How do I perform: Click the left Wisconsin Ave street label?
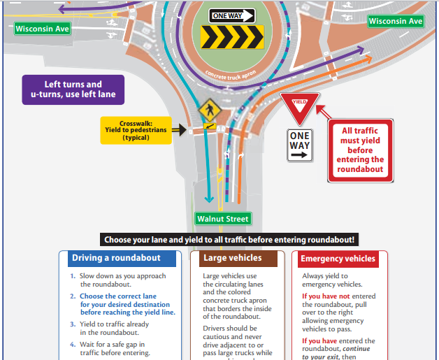pyautogui.click(x=41, y=29)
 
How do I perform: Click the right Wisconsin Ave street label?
pyautogui.click(x=396, y=22)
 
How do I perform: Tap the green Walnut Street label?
pyautogui.click(x=222, y=219)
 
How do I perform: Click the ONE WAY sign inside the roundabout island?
pyautogui.click(x=232, y=15)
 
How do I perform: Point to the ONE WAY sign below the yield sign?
pyautogui.click(x=299, y=145)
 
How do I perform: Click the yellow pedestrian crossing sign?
pyautogui.click(x=208, y=110)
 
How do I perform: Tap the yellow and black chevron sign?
pyautogui.click(x=232, y=36)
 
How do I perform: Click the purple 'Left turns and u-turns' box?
pyautogui.click(x=73, y=89)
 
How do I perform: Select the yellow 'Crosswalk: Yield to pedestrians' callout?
pyautogui.click(x=136, y=129)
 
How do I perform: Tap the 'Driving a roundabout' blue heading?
pyautogui.click(x=116, y=259)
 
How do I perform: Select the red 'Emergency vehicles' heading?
pyautogui.click(x=338, y=259)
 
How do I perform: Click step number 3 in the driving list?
pyautogui.click(x=72, y=324)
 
